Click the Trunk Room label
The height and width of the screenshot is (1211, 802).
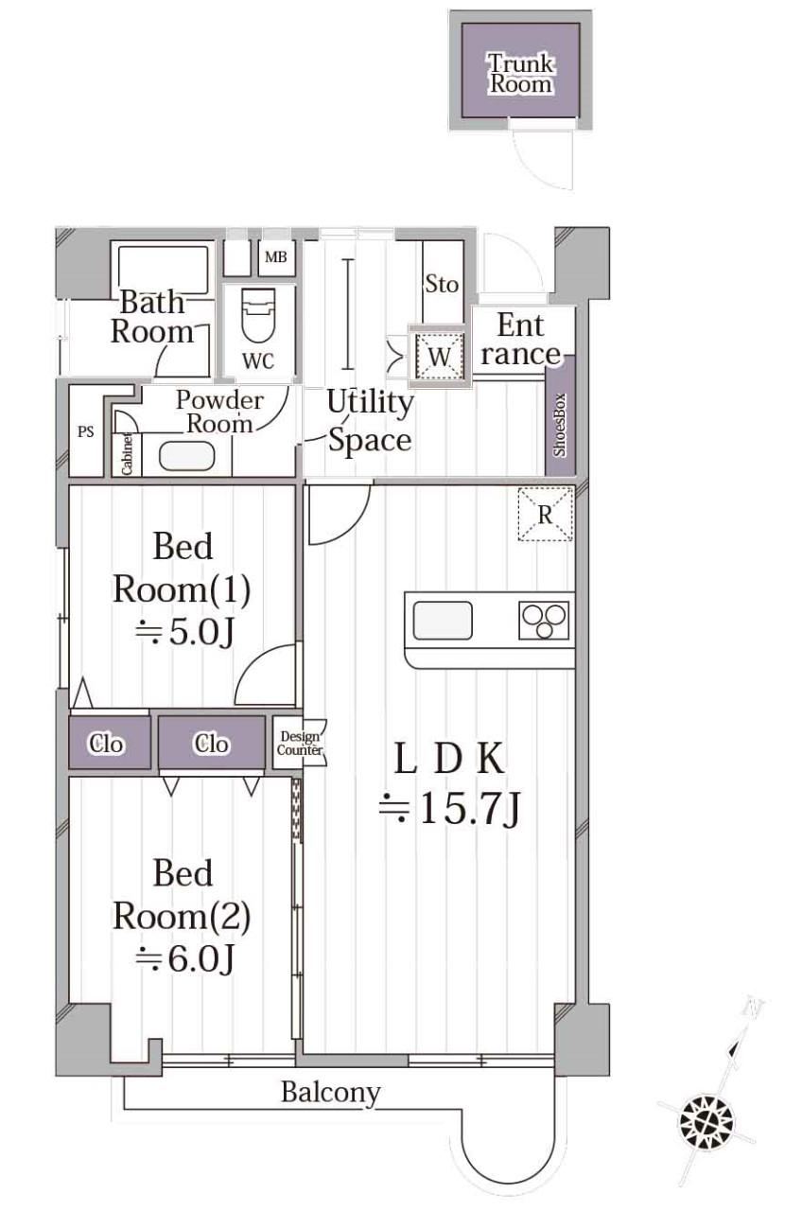click(520, 74)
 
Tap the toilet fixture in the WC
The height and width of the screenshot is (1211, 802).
click(259, 315)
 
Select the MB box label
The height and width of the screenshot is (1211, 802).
click(275, 256)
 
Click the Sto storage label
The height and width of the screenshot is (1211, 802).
click(442, 284)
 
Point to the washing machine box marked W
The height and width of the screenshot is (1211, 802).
click(439, 356)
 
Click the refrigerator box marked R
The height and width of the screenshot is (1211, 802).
click(546, 514)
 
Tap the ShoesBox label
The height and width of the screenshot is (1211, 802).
click(559, 425)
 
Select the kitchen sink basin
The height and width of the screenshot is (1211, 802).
click(443, 620)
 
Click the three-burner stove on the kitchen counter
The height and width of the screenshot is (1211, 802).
click(544, 620)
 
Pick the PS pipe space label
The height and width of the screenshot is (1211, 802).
click(85, 431)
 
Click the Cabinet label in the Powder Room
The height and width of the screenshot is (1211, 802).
click(127, 454)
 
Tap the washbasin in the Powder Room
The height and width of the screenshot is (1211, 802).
click(187, 456)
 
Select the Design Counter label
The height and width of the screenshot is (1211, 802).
click(300, 743)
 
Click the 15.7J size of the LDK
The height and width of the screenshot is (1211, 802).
click(448, 809)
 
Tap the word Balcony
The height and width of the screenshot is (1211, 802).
click(331, 1093)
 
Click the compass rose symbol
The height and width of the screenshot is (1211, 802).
click(706, 1121)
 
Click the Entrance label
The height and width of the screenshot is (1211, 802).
click(521, 340)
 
